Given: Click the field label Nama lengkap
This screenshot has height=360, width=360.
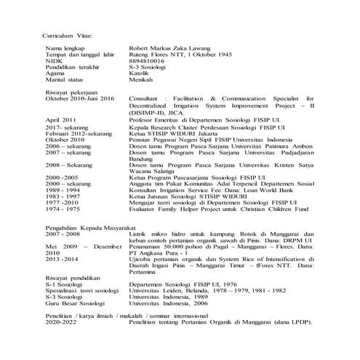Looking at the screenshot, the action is coord(63,48).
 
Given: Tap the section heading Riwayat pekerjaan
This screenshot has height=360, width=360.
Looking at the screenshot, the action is coord(72,92).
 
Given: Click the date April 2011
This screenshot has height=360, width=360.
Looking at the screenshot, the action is coord(60,119).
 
